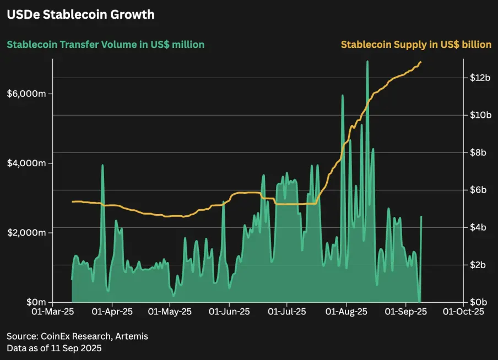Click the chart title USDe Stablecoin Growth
[x=80, y=15]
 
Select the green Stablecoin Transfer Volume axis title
[x=105, y=45]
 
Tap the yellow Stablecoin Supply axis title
[x=416, y=45]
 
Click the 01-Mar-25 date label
[x=53, y=312]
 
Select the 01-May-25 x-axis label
[x=170, y=312]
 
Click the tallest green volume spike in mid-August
[x=367, y=62]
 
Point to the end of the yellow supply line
[x=421, y=62]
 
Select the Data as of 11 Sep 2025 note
[x=54, y=348]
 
